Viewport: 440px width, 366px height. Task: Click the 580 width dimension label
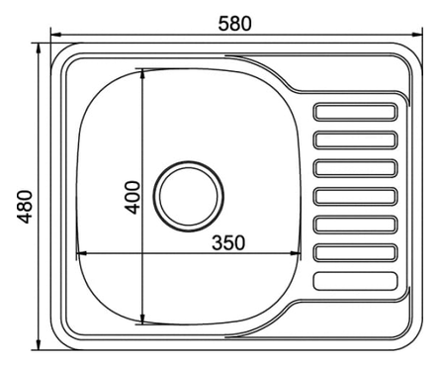[234, 24]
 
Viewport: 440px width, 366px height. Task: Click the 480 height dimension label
[25, 207]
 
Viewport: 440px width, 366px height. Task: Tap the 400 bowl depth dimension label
[132, 197]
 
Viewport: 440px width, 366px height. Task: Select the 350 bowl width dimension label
[228, 242]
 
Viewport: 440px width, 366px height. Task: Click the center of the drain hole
[189, 196]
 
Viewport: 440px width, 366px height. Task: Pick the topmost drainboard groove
[355, 112]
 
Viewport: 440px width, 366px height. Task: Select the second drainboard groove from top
[355, 140]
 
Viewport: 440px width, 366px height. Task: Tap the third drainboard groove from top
[355, 168]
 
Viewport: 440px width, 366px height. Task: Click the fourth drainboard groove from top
[355, 197]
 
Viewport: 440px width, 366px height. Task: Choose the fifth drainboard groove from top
[355, 225]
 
